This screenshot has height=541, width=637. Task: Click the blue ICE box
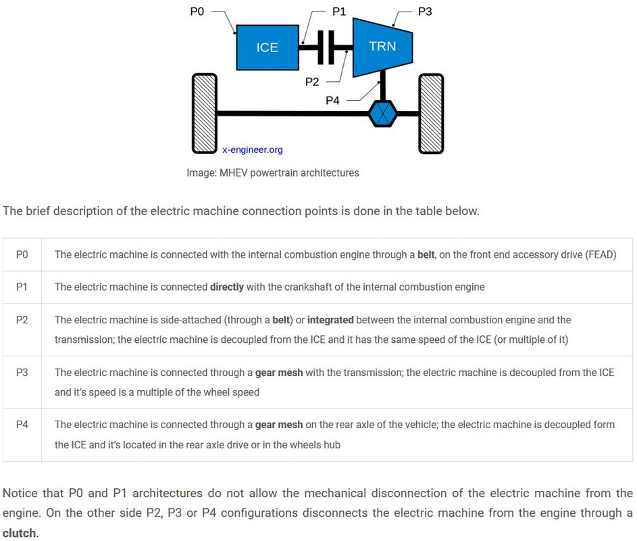(x=267, y=47)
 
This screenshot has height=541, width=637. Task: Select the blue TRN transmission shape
(x=383, y=47)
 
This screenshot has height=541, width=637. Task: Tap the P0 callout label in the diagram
(x=197, y=11)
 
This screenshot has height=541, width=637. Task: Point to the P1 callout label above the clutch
(x=339, y=11)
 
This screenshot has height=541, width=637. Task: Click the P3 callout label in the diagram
(x=425, y=11)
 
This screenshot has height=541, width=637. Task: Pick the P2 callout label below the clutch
(x=312, y=82)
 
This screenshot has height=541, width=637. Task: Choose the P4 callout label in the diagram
(x=332, y=100)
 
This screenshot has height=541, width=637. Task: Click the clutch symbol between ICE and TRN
(x=326, y=47)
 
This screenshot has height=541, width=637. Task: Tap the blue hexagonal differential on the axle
(x=383, y=114)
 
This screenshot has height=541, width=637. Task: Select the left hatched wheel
(x=205, y=114)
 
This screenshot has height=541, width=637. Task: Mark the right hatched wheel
(x=431, y=114)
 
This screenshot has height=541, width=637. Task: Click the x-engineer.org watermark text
(x=252, y=149)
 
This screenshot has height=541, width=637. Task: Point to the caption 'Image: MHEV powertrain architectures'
(x=273, y=173)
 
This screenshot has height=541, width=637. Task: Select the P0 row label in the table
(x=22, y=255)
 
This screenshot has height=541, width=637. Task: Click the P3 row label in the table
(x=22, y=372)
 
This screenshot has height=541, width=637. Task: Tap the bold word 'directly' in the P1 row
(x=227, y=287)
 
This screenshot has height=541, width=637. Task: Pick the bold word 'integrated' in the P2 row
(x=330, y=320)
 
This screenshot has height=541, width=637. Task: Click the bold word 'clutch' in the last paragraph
(x=19, y=533)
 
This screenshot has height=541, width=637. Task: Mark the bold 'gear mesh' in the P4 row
(x=279, y=425)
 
